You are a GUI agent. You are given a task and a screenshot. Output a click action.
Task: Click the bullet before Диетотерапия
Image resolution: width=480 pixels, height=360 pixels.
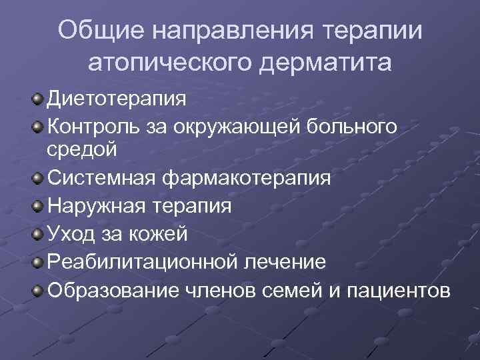[37, 99]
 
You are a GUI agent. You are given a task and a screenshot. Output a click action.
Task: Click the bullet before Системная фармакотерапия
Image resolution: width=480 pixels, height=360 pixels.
[37, 179]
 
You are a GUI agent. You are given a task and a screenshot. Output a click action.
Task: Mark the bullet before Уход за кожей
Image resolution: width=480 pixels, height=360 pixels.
[37, 234]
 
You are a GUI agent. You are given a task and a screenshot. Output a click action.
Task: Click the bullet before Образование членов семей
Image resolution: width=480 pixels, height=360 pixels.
[37, 290]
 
